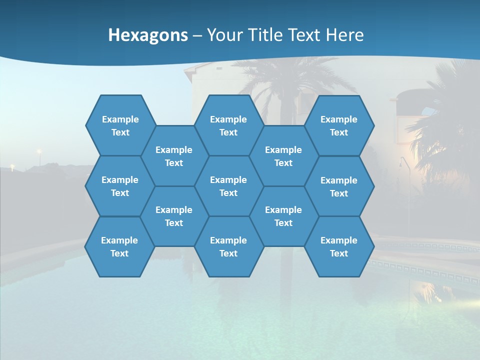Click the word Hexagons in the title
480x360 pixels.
148,35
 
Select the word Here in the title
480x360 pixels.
344,35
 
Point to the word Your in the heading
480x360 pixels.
224,35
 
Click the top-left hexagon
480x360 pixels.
120,125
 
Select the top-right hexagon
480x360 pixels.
339,125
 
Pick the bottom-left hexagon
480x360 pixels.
119,246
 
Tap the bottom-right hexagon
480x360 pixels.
339,246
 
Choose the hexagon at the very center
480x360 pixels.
228,186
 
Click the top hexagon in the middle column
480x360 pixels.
228,125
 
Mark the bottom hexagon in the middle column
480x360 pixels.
228,246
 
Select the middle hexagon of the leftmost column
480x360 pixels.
120,186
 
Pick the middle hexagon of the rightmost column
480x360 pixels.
339,186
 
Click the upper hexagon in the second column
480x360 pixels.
174,156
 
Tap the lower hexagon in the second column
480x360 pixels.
174,216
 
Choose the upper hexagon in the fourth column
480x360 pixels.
283,156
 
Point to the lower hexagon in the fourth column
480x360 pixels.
283,216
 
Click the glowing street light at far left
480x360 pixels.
38,151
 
